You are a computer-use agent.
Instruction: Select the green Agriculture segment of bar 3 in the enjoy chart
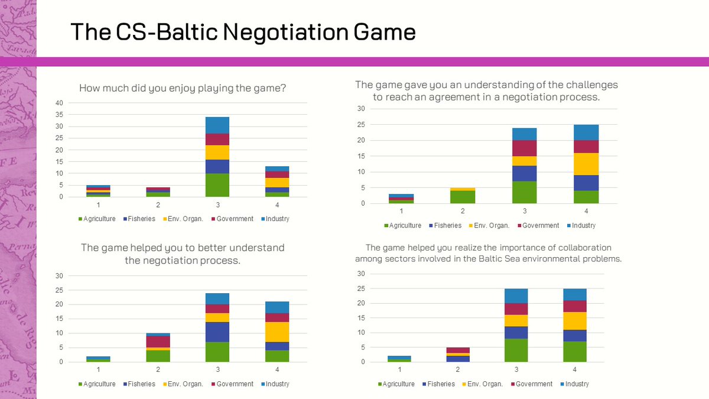tap(217, 185)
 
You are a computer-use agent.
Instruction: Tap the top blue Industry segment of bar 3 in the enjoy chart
tap(217, 125)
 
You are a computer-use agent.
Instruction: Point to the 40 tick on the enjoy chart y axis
tap(58, 103)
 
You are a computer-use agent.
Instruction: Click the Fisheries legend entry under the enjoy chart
tap(140, 219)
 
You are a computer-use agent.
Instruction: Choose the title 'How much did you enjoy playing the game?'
tap(183, 89)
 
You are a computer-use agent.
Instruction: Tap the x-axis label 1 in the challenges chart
tap(401, 211)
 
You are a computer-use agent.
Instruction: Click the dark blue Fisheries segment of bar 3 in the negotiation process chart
tap(217, 332)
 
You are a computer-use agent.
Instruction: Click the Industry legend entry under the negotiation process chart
tap(277, 384)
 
